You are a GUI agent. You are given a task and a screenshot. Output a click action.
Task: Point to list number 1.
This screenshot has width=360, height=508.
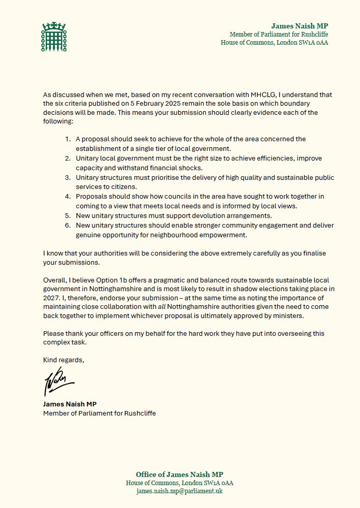point(68,139)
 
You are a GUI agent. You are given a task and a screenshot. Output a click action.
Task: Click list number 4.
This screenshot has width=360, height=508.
point(68,197)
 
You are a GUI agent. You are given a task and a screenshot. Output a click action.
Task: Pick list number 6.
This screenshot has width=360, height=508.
point(68,226)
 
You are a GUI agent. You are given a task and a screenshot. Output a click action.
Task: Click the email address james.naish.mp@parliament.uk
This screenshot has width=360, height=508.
point(180,492)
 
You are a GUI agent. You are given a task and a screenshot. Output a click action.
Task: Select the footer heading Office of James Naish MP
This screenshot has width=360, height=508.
point(180,474)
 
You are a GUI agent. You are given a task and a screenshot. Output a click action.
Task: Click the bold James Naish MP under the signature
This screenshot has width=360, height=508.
point(69,404)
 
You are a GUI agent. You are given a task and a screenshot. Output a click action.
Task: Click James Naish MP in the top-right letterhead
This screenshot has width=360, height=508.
point(300,25)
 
